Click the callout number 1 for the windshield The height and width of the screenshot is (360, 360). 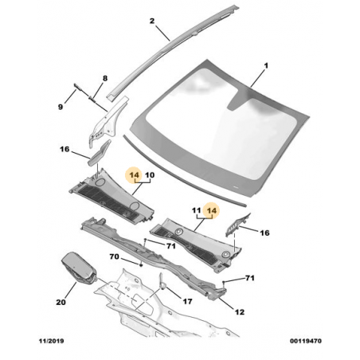pyautogui.click(x=266, y=65)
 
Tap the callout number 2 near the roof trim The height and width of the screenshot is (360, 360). pyautogui.click(x=152, y=21)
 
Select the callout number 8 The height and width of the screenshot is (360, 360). pyautogui.click(x=105, y=78)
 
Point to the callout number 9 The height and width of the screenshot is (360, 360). pyautogui.click(x=61, y=107)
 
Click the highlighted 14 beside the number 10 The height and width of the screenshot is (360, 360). pyautogui.click(x=135, y=175)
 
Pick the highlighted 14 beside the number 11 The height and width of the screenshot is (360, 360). pyautogui.click(x=212, y=210)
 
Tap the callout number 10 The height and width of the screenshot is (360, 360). pyautogui.click(x=150, y=175)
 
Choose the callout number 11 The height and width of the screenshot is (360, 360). pyautogui.click(x=196, y=210)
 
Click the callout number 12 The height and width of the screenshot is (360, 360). pyautogui.click(x=240, y=312)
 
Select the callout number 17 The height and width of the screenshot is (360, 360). pyautogui.click(x=187, y=301)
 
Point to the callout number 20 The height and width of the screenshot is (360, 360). pyautogui.click(x=61, y=302)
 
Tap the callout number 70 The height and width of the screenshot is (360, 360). pyautogui.click(x=115, y=256)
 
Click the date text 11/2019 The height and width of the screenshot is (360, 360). pyautogui.click(x=52, y=341)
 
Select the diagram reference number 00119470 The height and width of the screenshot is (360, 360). pyautogui.click(x=306, y=341)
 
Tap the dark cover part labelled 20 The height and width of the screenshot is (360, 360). pyautogui.click(x=79, y=267)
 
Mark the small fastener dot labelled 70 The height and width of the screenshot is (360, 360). pyautogui.click(x=141, y=264)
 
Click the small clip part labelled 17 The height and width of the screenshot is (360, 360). pyautogui.click(x=162, y=282)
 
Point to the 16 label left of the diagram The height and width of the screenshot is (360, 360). pyautogui.click(x=65, y=149)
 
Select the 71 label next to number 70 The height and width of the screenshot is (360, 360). pyautogui.click(x=171, y=246)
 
